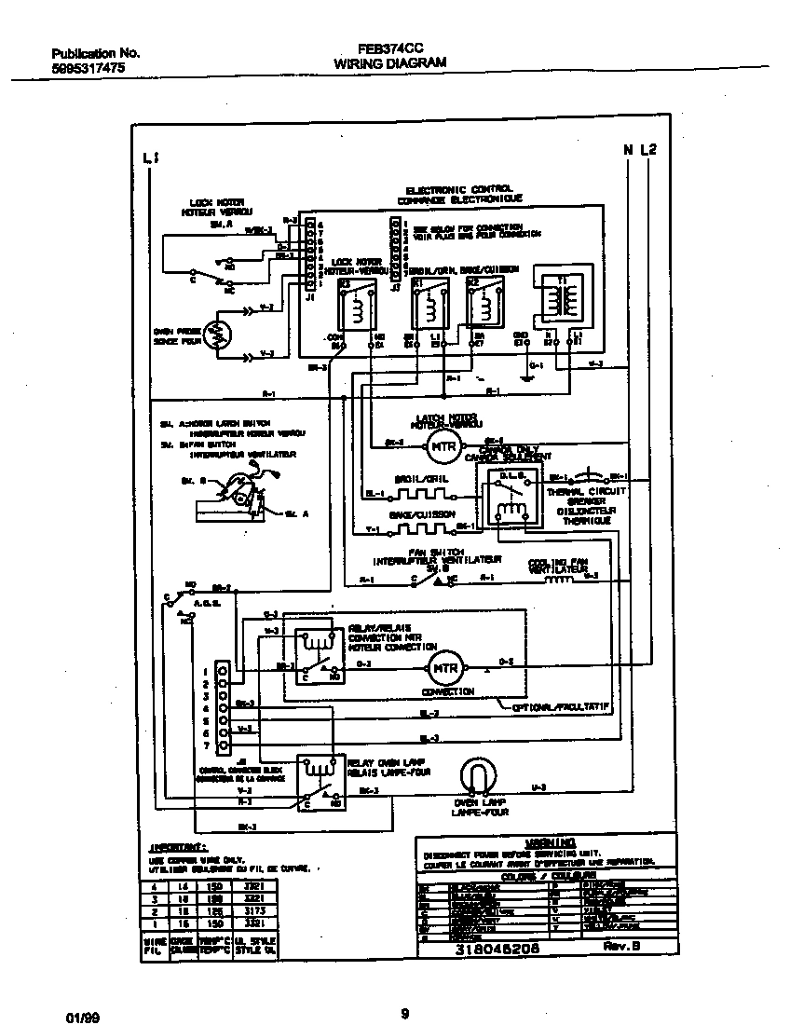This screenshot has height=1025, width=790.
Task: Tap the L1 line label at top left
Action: pyautogui.click(x=151, y=159)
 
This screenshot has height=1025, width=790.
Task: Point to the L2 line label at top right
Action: pyautogui.click(x=649, y=150)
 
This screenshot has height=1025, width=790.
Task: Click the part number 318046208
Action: pyautogui.click(x=494, y=948)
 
